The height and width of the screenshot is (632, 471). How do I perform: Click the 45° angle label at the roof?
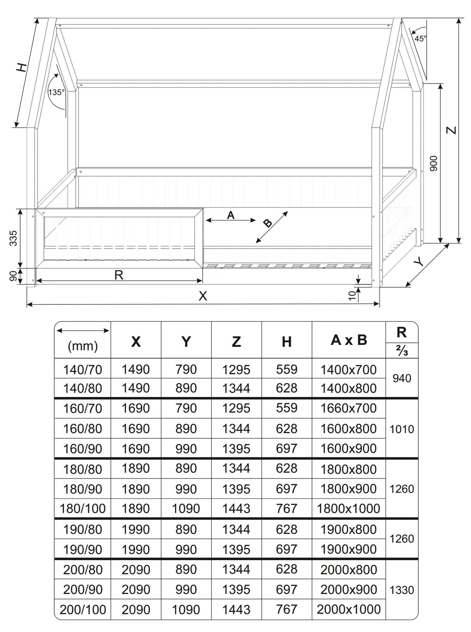(420, 38)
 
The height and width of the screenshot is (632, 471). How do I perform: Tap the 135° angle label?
(56, 92)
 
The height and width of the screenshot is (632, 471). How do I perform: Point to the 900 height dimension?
(433, 163)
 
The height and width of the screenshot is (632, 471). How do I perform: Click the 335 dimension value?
(13, 238)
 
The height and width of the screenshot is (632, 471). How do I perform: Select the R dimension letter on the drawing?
(119, 275)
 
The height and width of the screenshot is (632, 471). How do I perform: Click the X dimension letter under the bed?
(203, 296)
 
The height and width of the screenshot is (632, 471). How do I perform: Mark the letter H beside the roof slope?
(22, 67)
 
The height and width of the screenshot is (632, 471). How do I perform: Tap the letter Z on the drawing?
(452, 130)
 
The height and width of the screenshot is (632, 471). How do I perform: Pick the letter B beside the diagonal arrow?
(268, 223)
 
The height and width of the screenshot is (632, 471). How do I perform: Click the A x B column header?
(349, 340)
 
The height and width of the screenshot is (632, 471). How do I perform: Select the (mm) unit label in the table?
(82, 346)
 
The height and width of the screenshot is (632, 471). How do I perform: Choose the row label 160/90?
(82, 449)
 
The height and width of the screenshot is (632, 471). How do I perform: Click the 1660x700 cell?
(349, 408)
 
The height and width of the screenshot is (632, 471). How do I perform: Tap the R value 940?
(402, 378)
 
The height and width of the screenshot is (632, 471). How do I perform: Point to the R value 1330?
(402, 590)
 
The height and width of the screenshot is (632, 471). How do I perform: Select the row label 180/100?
(82, 509)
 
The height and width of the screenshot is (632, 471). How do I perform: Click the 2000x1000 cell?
(349, 609)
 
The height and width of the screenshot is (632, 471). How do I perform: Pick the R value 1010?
(402, 429)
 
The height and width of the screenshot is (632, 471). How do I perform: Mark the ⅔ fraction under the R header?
(402, 350)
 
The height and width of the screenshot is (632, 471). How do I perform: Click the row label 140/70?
(82, 369)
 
